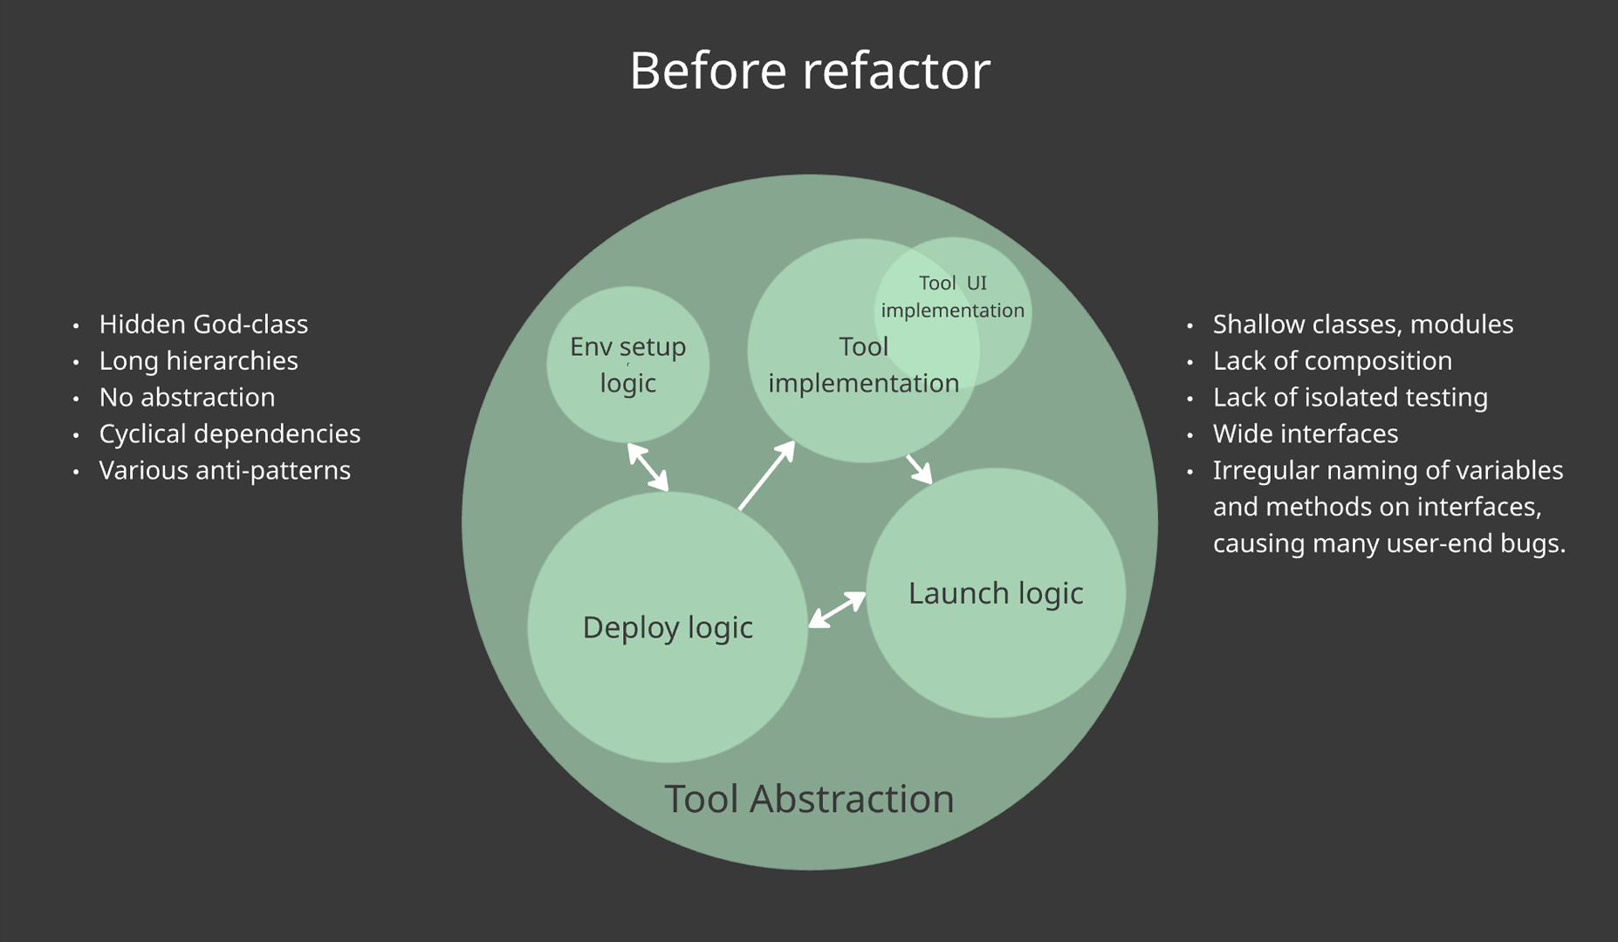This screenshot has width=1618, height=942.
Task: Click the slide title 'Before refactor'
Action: (x=809, y=70)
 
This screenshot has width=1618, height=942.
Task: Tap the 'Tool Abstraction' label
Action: (x=809, y=798)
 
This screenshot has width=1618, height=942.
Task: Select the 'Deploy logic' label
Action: (x=668, y=627)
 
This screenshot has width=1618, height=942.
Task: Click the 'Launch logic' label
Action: (x=996, y=593)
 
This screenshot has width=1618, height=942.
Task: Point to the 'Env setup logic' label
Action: (x=627, y=365)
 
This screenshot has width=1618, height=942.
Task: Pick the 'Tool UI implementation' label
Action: (x=953, y=297)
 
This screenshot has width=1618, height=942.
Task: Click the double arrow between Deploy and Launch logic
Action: (x=837, y=610)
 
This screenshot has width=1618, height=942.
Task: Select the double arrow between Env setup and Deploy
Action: (x=648, y=467)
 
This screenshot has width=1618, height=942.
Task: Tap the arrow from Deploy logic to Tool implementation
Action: (x=766, y=475)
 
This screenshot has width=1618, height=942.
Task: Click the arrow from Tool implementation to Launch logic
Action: (x=919, y=468)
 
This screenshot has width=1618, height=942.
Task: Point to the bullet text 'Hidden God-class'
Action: (x=203, y=324)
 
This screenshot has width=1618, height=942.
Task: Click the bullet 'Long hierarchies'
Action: (x=198, y=361)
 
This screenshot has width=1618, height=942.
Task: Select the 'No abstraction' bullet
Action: (x=187, y=398)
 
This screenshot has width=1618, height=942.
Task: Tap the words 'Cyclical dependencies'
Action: (x=230, y=434)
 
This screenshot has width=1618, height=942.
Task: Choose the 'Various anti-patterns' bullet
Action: (x=224, y=471)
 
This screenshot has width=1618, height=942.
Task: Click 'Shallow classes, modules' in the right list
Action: (x=1362, y=324)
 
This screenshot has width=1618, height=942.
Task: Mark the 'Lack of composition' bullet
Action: (x=1332, y=361)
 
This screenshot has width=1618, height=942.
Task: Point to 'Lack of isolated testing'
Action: (x=1350, y=398)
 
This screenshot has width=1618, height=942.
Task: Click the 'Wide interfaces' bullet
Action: (x=1305, y=434)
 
